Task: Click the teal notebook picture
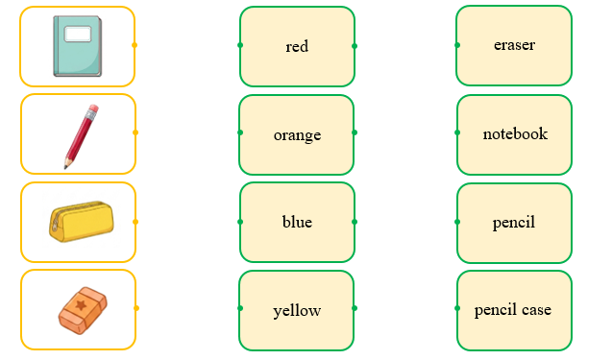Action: pyautogui.click(x=78, y=46)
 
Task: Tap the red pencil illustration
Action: pyautogui.click(x=81, y=136)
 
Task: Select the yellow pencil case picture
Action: pyautogui.click(x=82, y=221)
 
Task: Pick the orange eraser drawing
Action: pyautogui.click(x=83, y=310)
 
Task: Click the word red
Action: pyautogui.click(x=297, y=46)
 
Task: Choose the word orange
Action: pyautogui.click(x=297, y=135)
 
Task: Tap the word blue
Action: pyautogui.click(x=297, y=222)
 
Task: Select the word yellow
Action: pyautogui.click(x=297, y=311)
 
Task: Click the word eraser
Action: pyautogui.click(x=514, y=45)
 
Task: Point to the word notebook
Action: pyautogui.click(x=515, y=133)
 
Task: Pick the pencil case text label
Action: pyautogui.click(x=513, y=310)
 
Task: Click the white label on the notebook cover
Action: pyautogui.click(x=78, y=34)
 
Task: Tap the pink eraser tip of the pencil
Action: pyautogui.click(x=93, y=109)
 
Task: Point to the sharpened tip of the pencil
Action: pyautogui.click(x=65, y=167)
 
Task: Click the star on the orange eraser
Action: pyautogui.click(x=81, y=304)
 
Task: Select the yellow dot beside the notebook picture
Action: pyautogui.click(x=135, y=45)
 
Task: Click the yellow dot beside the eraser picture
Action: pyautogui.click(x=136, y=308)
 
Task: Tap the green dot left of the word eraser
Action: pyautogui.click(x=457, y=45)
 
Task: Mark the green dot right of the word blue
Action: pyautogui.click(x=355, y=222)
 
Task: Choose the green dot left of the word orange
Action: pyautogui.click(x=240, y=132)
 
